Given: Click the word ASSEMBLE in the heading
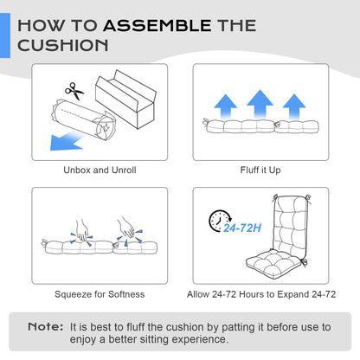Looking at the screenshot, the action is click(157, 25).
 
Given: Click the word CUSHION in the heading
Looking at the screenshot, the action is click(63, 45).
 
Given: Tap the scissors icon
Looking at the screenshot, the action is click(74, 91).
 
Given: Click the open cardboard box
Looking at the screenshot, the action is click(125, 99).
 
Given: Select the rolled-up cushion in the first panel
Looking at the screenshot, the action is click(84, 120).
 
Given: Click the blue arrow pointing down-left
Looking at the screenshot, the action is click(67, 141).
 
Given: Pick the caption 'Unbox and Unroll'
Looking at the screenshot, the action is click(100, 170).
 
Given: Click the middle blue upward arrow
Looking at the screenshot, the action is click(260, 104).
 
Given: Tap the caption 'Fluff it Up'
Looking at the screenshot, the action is click(260, 170).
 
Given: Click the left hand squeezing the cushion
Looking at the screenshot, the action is click(82, 230).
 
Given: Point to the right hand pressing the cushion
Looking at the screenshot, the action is click(126, 228).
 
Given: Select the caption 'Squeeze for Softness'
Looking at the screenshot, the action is click(100, 294).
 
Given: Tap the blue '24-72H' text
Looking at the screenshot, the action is click(242, 228).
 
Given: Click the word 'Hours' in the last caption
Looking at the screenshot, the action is click(253, 294).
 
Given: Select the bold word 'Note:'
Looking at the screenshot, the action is click(46, 327).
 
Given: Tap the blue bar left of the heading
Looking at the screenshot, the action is click(5, 35).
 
